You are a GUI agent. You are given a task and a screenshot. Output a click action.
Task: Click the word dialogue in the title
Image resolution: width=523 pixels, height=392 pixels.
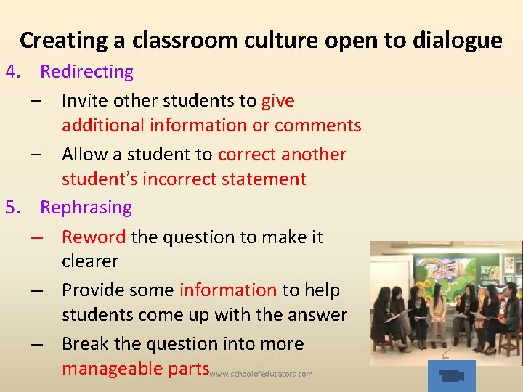coord(456,40)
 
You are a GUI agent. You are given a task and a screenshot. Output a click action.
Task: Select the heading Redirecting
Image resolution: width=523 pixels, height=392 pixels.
coord(86,72)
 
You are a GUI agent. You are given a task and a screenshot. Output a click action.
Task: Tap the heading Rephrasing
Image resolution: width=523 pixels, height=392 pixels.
coord(86,208)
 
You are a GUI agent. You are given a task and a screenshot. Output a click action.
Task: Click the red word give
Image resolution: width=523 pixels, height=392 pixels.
coord(277,101)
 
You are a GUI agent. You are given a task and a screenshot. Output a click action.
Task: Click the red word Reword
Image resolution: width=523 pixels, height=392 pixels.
coord(94,237)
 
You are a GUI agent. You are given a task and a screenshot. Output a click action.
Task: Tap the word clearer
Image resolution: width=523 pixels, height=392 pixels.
coord(90,261)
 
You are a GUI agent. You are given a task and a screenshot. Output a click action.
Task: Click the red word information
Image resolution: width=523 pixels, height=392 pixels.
coord(227,290)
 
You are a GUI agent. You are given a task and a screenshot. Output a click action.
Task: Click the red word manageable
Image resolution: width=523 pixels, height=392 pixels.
coord(113,369)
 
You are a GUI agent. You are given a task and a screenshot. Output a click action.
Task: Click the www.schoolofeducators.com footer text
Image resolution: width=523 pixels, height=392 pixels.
coord(261,375)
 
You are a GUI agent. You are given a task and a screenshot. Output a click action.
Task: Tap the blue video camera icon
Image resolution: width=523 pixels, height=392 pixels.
coord(451,375)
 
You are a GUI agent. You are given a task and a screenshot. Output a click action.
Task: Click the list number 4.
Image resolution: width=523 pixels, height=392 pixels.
coord(12,72)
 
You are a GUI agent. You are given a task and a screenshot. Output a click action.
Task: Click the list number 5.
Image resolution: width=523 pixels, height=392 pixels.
coord(12,208)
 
